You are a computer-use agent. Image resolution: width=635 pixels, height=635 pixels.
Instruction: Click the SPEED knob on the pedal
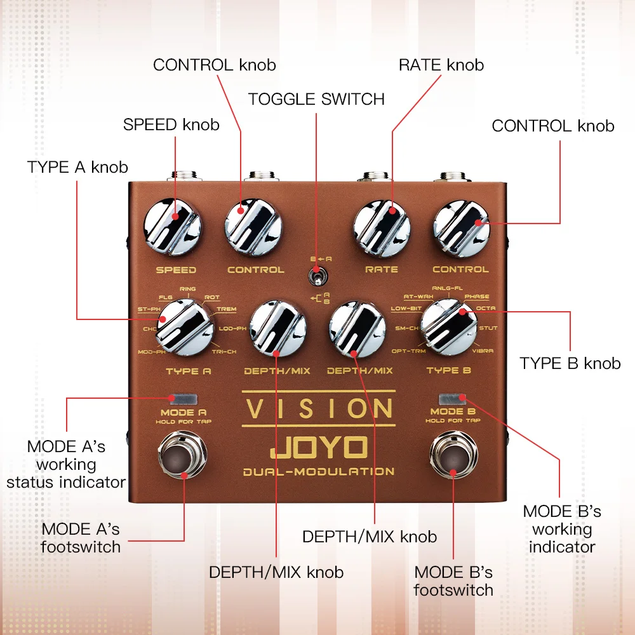[172, 227]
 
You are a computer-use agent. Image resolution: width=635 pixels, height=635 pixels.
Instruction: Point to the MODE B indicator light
[453, 399]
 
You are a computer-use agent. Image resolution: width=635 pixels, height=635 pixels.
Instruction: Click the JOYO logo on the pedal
[318, 447]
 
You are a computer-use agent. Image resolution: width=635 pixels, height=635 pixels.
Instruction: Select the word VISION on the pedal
[318, 408]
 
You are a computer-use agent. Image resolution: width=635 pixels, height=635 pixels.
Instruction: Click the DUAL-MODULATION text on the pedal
[318, 471]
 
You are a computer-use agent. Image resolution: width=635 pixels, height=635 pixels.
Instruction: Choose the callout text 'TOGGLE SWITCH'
[316, 99]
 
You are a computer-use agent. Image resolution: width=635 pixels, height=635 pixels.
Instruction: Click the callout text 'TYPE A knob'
[77, 168]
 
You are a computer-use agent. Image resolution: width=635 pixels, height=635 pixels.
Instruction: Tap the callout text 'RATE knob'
[441, 65]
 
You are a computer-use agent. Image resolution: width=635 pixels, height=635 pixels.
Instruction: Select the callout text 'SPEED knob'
[171, 124]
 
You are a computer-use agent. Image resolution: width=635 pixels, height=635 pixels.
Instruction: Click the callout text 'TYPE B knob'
[570, 363]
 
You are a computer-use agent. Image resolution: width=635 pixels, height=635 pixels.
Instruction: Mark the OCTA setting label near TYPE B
[486, 309]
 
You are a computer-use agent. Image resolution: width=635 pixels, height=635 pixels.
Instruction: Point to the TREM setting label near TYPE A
[226, 309]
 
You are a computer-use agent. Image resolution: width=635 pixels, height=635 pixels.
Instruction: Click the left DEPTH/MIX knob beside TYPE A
[277, 327]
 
